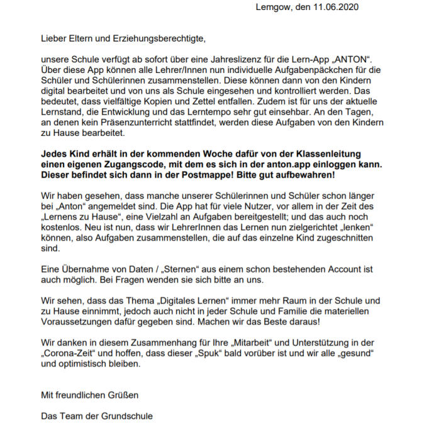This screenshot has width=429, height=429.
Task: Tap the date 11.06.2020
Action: pos(338,8)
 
